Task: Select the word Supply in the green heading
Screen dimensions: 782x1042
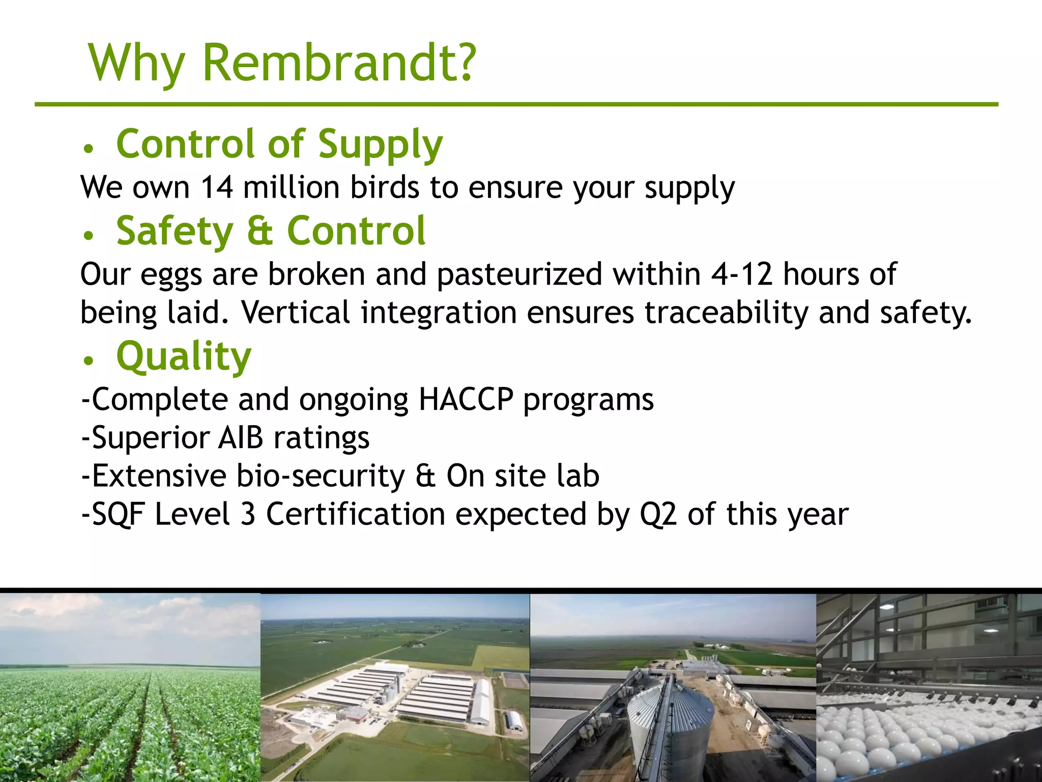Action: pyautogui.click(x=380, y=145)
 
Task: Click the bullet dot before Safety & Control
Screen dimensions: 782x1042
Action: pyautogui.click(x=89, y=235)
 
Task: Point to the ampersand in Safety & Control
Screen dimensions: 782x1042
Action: pyautogui.click(x=260, y=231)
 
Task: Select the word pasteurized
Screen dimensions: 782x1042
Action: pyautogui.click(x=519, y=274)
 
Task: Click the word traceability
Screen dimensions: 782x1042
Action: pyautogui.click(x=726, y=312)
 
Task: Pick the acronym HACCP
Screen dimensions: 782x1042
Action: pyautogui.click(x=466, y=399)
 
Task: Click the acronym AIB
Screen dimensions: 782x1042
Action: pyautogui.click(x=241, y=438)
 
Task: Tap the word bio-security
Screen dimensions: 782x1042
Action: pyautogui.click(x=321, y=476)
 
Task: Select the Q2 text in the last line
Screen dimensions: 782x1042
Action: pyautogui.click(x=658, y=514)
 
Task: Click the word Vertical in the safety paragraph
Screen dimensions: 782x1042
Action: pyautogui.click(x=295, y=312)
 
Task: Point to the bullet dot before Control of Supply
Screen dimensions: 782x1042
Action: pyautogui.click(x=89, y=149)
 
